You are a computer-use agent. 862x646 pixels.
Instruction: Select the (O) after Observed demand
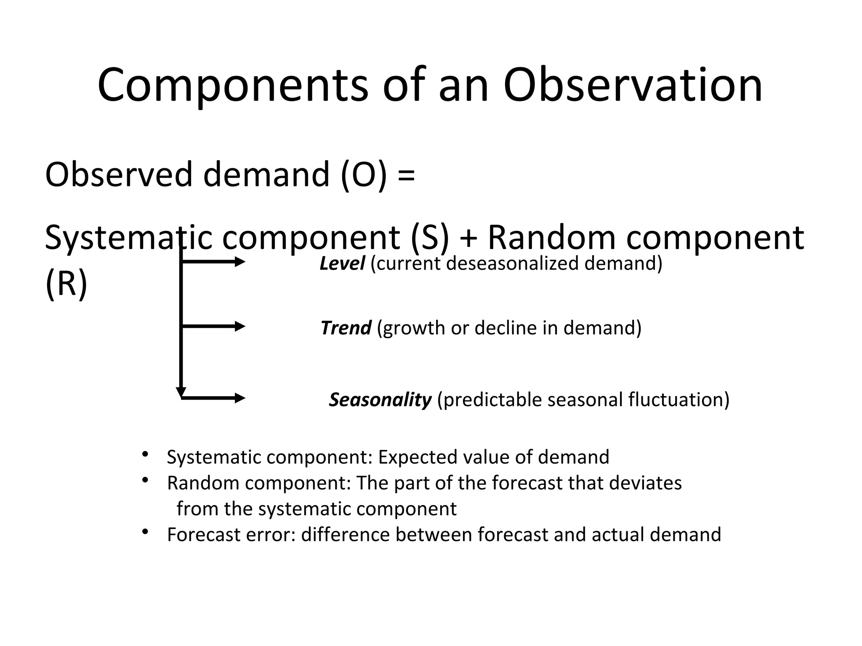[364, 175]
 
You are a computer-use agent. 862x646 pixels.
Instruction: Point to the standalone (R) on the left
[66, 284]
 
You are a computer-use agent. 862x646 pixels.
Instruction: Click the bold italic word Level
[342, 264]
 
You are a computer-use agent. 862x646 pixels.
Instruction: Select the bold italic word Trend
[346, 328]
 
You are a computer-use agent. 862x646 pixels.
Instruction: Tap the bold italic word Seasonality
[380, 400]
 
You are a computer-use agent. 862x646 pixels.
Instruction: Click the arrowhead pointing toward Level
[240, 262]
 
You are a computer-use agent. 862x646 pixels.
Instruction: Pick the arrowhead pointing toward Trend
[240, 326]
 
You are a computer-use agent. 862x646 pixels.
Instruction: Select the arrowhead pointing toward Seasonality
[240, 398]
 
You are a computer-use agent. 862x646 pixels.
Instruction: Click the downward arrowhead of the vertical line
[181, 392]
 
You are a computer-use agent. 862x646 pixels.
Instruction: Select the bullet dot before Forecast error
[146, 532]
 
